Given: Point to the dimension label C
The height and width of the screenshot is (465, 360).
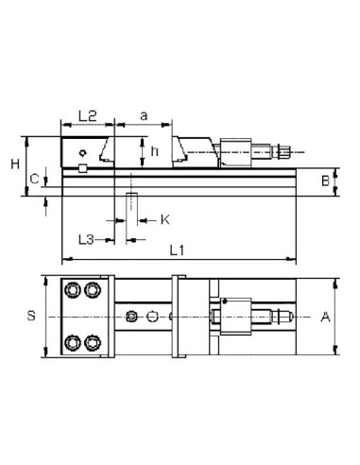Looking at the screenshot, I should point(34,178).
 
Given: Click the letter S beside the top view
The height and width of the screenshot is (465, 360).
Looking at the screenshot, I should point(30,317).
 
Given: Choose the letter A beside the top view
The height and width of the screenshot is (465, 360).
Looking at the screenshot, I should point(326,317).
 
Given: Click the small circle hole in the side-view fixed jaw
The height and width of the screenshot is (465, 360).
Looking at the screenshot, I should point(84,151).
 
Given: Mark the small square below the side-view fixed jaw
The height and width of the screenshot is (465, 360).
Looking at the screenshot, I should point(83,168).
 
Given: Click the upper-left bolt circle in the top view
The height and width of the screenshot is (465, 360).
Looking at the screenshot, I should point(73,288).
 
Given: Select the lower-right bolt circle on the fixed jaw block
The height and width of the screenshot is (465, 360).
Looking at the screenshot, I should point(92,341).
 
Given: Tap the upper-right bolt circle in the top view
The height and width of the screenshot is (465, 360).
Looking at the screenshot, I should point(92,288).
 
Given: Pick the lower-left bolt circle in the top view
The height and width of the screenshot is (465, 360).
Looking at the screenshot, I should point(73,341).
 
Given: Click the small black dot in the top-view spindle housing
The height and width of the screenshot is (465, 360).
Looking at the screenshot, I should point(223,301).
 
